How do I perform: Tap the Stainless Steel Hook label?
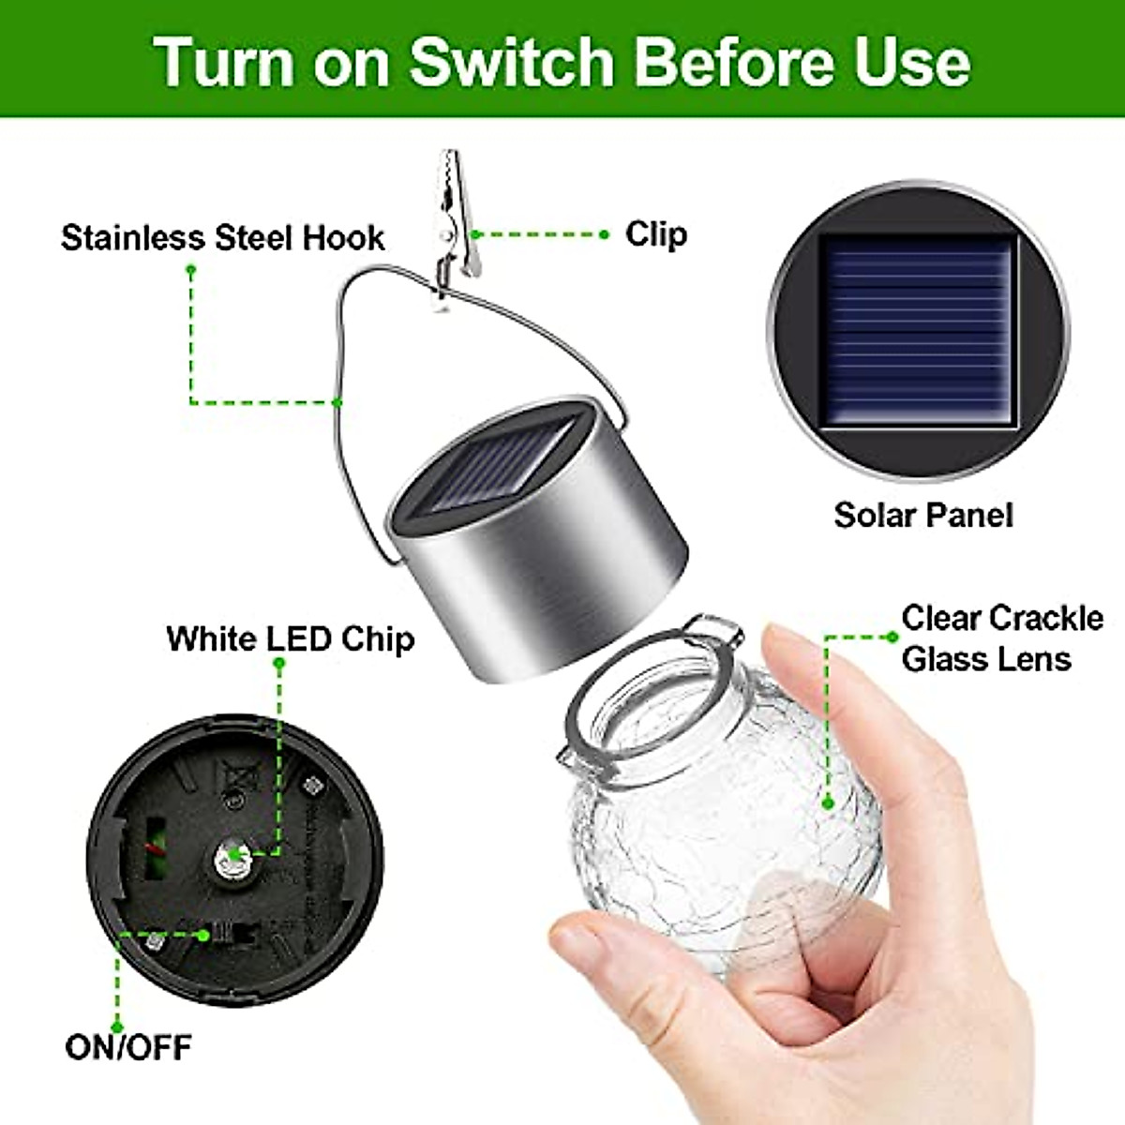(222, 238)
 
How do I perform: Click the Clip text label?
(655, 234)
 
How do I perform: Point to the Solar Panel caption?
(923, 515)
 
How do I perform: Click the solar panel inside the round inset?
(918, 330)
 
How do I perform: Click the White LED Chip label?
(291, 638)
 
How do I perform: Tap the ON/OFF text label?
(128, 1046)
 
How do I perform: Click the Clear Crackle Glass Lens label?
(1000, 638)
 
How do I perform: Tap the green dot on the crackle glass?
(827, 802)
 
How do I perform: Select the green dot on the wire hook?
(337, 403)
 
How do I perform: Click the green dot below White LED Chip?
(278, 664)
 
